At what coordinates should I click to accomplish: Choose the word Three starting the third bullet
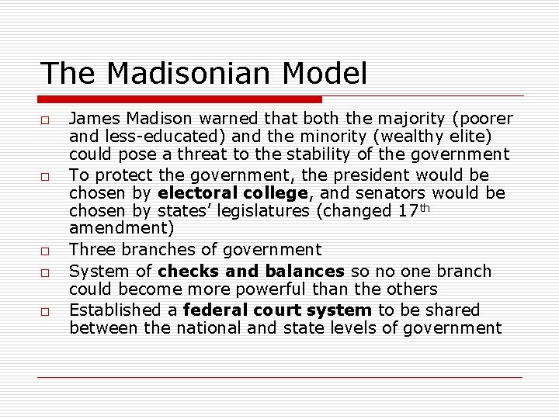coord(91,249)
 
